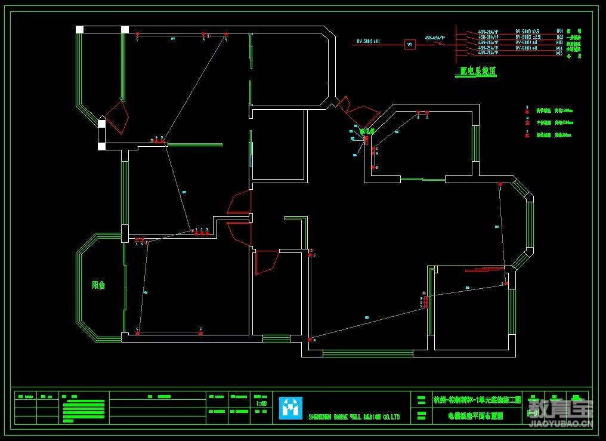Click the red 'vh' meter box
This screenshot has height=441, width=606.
pyautogui.click(x=410, y=44)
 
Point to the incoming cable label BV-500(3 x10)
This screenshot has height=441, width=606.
pyautogui.click(x=372, y=41)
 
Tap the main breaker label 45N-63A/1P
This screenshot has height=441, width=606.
pyautogui.click(x=434, y=37)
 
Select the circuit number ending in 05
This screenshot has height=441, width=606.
pyautogui.click(x=559, y=53)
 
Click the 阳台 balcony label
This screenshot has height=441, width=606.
pyautogui.click(x=98, y=285)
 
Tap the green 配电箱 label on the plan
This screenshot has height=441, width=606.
pyautogui.click(x=366, y=129)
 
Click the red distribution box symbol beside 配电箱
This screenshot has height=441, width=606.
pyautogui.click(x=366, y=140)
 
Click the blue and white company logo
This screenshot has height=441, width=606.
pyautogui.click(x=290, y=408)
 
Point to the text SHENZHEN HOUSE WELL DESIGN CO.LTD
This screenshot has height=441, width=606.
pyautogui.click(x=354, y=417)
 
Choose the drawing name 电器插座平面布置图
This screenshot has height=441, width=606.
pyautogui.click(x=475, y=416)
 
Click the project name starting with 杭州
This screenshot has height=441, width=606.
pyautogui.click(x=477, y=399)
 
